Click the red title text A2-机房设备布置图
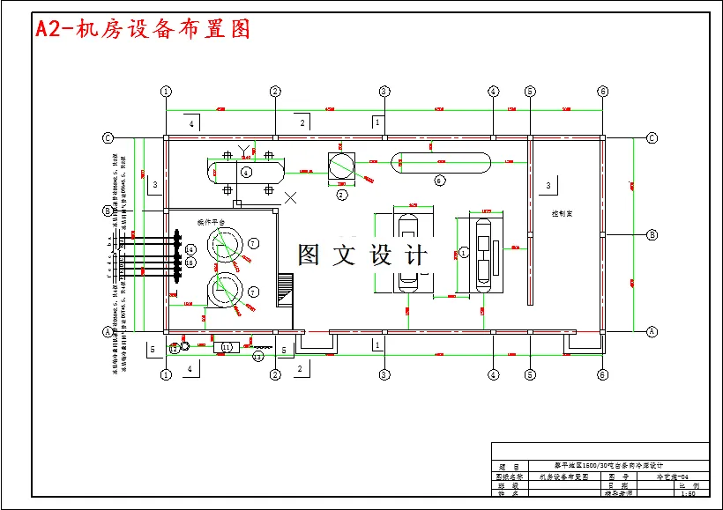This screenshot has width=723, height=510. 142,29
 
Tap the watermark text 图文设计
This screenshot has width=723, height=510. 361,255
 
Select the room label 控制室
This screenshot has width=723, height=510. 563,213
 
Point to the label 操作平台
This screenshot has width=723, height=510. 211,221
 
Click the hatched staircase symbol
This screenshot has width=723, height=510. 284,287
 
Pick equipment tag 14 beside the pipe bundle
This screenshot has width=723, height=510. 190,250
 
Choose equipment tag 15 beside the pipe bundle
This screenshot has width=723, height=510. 190,262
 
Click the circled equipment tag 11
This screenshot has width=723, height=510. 227,348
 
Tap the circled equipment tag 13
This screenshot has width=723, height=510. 257,357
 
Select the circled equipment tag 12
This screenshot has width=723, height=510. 175,349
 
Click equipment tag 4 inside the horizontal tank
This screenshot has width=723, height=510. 246,171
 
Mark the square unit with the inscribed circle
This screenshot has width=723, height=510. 340,164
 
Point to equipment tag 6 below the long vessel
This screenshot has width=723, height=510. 439,181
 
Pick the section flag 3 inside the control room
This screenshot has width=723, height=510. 548,185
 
